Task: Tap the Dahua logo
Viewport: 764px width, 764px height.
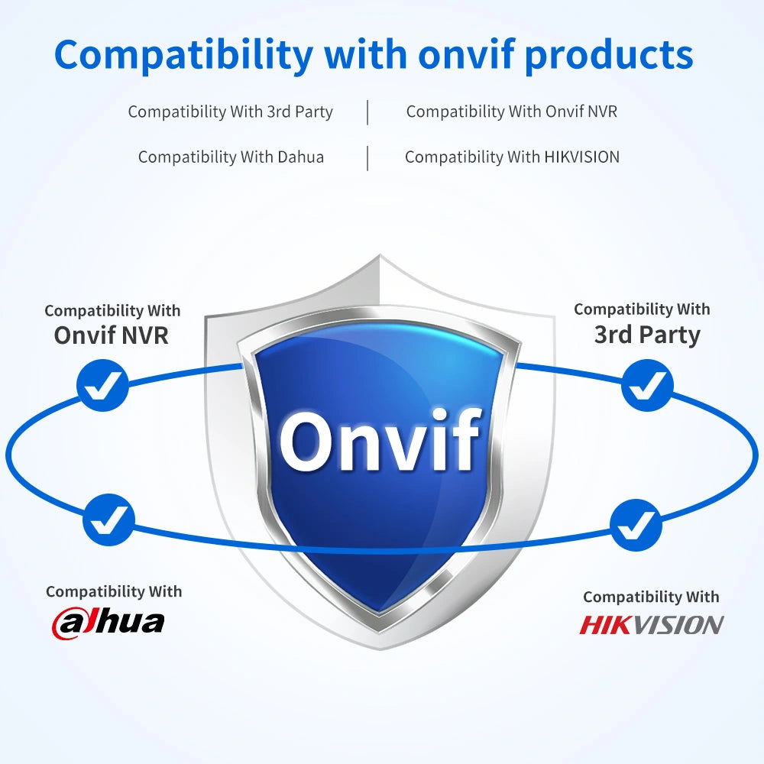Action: pyautogui.click(x=108, y=623)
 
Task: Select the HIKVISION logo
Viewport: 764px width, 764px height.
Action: pyautogui.click(x=651, y=625)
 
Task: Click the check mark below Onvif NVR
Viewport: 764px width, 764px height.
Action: pyautogui.click(x=103, y=385)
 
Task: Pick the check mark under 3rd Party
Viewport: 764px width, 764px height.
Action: pyautogui.click(x=648, y=385)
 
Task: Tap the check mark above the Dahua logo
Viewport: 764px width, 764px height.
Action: pyautogui.click(x=108, y=520)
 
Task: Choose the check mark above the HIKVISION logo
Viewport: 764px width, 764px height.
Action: pyautogui.click(x=636, y=525)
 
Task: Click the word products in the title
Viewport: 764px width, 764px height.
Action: pyautogui.click(x=609, y=56)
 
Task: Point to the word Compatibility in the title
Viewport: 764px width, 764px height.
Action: pyautogui.click(x=183, y=56)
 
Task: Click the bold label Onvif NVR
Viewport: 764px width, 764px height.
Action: pyautogui.click(x=111, y=335)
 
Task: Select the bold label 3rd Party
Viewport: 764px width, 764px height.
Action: pyautogui.click(x=647, y=335)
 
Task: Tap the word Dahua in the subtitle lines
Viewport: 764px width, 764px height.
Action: pyautogui.click(x=300, y=157)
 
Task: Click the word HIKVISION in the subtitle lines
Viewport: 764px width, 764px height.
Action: pyautogui.click(x=581, y=157)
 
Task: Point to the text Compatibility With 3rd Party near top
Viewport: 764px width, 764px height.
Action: pyautogui.click(x=231, y=112)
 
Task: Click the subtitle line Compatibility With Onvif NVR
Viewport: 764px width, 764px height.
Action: pyautogui.click(x=512, y=112)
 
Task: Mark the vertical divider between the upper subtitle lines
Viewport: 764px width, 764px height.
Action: pyautogui.click(x=367, y=112)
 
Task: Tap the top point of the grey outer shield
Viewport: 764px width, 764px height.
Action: pyautogui.click(x=380, y=254)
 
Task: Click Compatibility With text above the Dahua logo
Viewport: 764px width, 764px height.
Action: pyautogui.click(x=114, y=591)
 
